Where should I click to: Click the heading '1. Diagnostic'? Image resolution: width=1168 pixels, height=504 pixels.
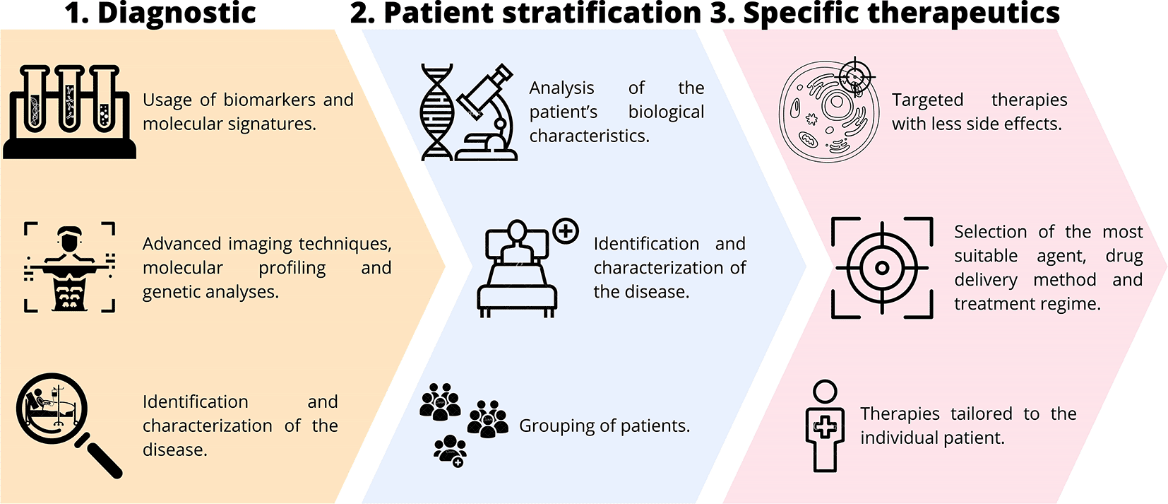pos(160,13)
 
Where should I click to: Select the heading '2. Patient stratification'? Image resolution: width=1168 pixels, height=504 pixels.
pos(525,13)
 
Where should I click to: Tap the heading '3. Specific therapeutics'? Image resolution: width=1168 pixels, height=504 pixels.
pos(886,13)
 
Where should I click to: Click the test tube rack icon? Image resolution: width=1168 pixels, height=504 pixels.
pos(69,111)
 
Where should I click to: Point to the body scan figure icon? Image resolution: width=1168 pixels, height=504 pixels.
pos(69,267)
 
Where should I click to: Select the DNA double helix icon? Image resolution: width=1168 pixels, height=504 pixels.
pos(437,112)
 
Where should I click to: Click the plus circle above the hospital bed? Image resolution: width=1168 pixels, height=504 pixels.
pos(566,231)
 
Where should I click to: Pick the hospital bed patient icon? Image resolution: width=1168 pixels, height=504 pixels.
pos(517,269)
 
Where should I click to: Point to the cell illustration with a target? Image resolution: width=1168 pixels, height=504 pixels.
pos(828,110)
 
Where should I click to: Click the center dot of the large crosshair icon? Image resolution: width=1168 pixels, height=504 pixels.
pos(882,268)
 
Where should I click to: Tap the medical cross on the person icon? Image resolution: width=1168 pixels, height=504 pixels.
pos(825,427)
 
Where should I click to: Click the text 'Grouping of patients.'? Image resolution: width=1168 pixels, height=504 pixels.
pos(604,426)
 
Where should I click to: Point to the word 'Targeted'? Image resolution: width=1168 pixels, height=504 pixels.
pos(928,100)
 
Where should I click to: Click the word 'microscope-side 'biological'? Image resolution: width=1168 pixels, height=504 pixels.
pos(667,112)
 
